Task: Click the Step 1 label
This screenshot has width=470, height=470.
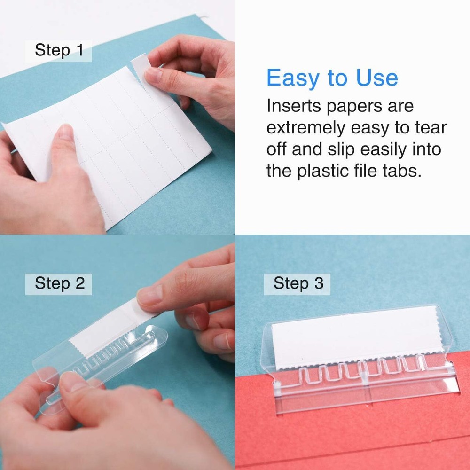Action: tap(59, 50)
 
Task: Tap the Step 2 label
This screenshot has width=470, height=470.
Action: tap(60, 283)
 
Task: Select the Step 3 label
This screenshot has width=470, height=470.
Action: tap(298, 283)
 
